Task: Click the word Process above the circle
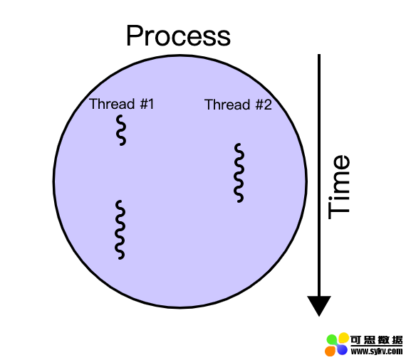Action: pos(178,36)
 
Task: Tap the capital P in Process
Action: pos(134,36)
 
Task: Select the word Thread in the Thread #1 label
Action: pos(112,104)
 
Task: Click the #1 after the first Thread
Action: pos(147,104)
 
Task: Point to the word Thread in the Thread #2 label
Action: pos(227,105)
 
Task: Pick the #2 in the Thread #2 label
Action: pos(264,105)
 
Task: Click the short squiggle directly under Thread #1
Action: pos(121,130)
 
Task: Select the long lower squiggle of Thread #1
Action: pos(120,229)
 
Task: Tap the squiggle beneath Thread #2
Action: pos(239,173)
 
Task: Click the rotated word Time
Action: pos(339,187)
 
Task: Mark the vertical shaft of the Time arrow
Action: pos(319,175)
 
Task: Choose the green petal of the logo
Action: pos(333,340)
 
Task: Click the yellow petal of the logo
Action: pos(343,338)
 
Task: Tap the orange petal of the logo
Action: pos(330,351)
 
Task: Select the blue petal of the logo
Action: pos(342,349)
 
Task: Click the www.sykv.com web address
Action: pos(377,351)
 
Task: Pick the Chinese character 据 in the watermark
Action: pos(397,340)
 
